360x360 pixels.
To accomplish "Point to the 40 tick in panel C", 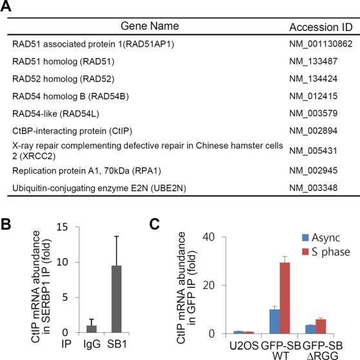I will [205, 236].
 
